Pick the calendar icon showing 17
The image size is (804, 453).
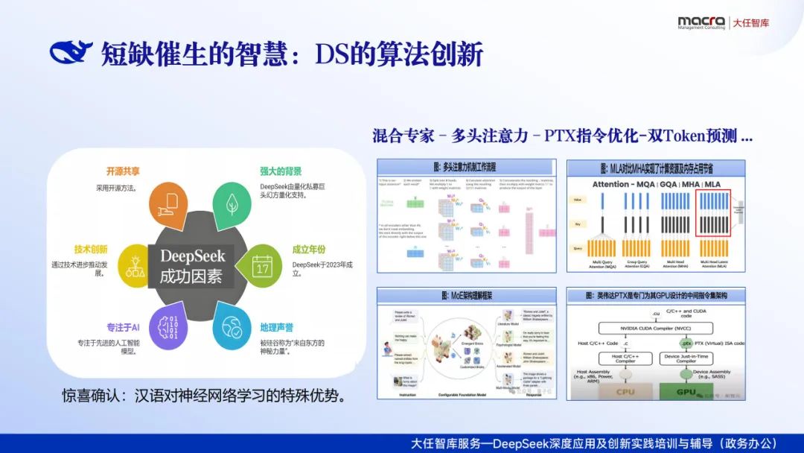(261, 266)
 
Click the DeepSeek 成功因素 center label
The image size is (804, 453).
(192, 266)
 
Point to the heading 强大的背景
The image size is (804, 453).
(281, 171)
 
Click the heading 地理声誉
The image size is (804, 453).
(276, 328)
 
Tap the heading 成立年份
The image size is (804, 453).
(309, 250)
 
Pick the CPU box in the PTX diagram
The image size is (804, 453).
(625, 392)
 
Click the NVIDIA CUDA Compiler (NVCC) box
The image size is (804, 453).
(655, 327)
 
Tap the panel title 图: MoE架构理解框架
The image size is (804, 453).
(466, 296)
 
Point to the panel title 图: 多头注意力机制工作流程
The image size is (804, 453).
(466, 167)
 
